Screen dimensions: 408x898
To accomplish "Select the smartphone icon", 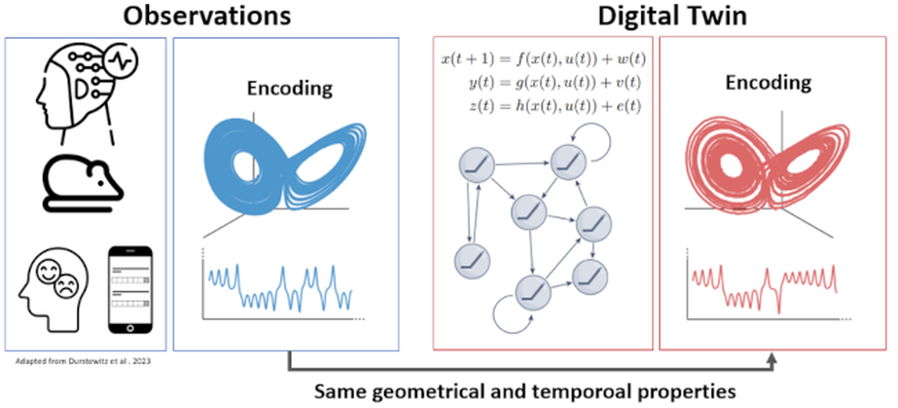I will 130,289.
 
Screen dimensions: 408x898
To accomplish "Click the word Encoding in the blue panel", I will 288,88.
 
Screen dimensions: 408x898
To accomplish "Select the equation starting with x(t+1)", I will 543,60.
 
